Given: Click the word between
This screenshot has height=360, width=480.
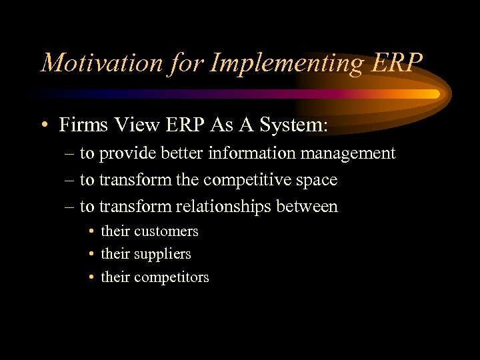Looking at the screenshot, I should (x=306, y=207).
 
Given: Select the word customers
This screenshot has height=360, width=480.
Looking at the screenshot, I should (x=166, y=231).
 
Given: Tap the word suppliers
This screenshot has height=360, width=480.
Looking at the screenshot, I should (x=163, y=255).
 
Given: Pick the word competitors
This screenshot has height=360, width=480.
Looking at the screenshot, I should (x=171, y=277).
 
